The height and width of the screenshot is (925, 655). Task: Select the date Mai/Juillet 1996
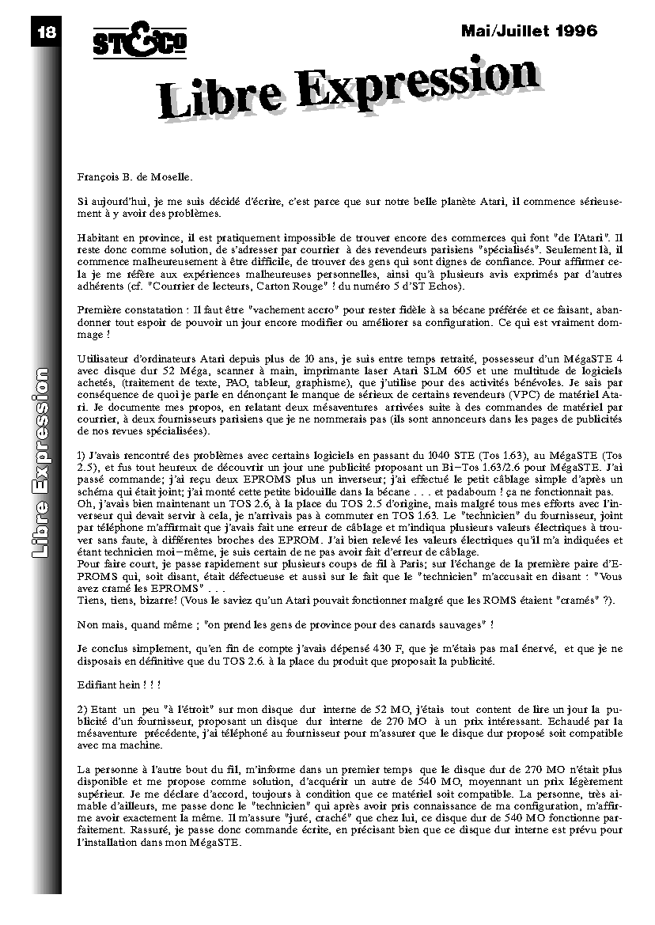(529, 32)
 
